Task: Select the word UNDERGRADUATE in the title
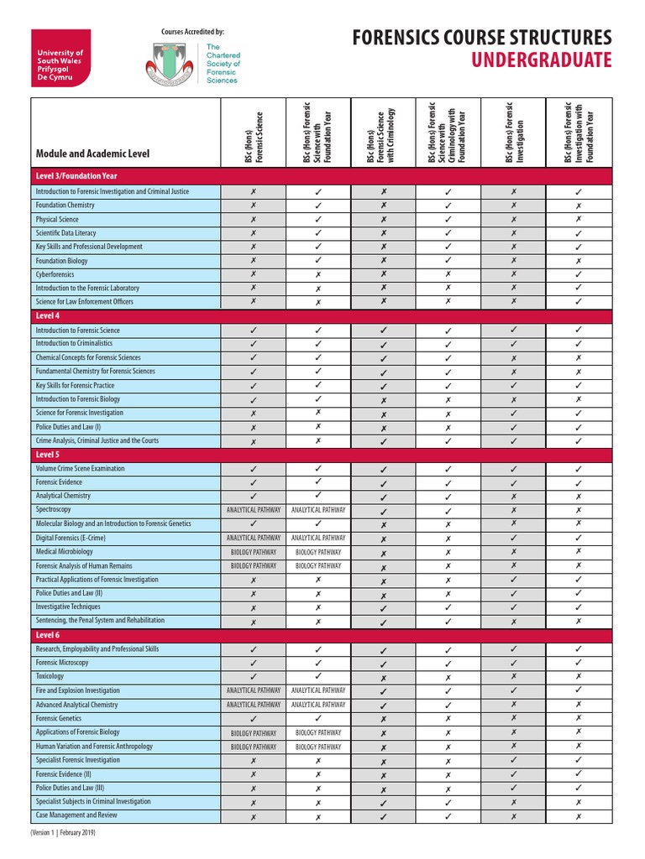click(x=541, y=60)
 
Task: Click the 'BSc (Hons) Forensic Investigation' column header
click(x=513, y=133)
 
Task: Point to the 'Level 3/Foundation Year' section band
click(x=76, y=176)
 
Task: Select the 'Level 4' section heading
click(x=48, y=315)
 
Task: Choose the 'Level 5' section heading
click(x=48, y=454)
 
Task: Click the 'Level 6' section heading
click(x=48, y=635)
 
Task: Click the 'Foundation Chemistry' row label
click(x=65, y=206)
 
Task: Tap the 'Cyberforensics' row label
click(x=56, y=274)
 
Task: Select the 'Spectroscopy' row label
click(x=54, y=509)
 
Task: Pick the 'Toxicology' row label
click(x=50, y=676)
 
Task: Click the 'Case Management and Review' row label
click(x=76, y=815)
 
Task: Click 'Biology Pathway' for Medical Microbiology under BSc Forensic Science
click(x=254, y=552)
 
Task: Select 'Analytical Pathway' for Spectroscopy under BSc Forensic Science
click(x=254, y=510)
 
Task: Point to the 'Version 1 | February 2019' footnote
click(x=64, y=833)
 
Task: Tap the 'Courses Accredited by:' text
click(x=192, y=32)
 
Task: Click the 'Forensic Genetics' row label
click(x=59, y=718)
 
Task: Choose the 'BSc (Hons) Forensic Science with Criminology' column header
click(x=380, y=134)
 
